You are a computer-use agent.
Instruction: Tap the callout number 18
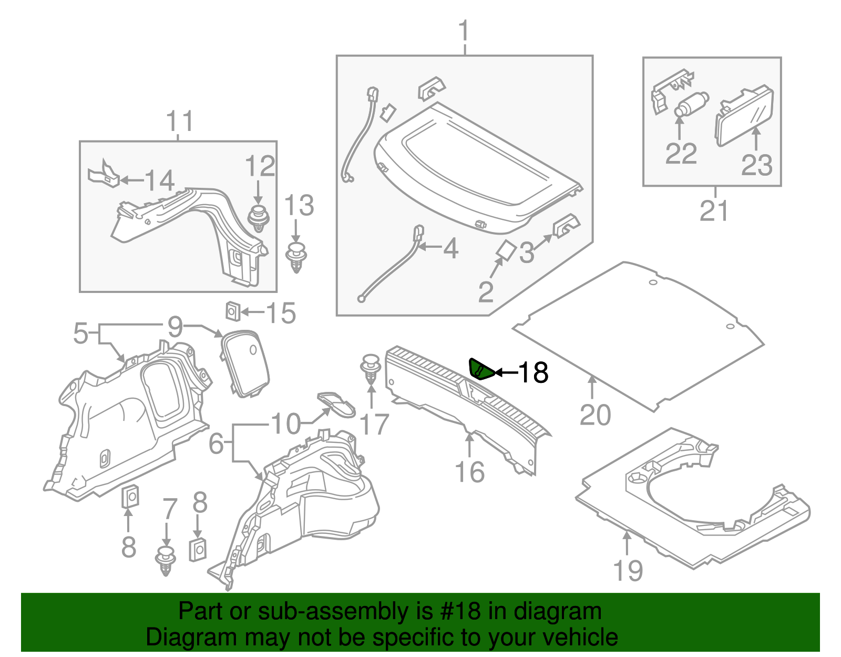(533, 373)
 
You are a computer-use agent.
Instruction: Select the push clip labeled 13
(297, 257)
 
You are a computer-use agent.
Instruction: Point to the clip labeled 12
(258, 218)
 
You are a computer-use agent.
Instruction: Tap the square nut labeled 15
(233, 311)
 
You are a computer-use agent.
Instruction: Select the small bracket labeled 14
(102, 174)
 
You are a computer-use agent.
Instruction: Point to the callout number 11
(179, 122)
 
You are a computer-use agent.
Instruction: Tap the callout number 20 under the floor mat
(595, 416)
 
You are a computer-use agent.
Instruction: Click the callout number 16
(469, 472)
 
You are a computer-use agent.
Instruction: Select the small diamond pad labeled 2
(506, 250)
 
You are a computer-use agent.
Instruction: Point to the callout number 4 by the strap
(450, 248)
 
